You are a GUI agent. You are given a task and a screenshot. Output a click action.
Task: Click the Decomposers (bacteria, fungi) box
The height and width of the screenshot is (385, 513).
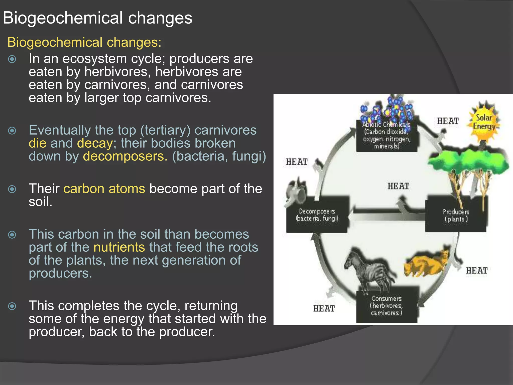[317, 215]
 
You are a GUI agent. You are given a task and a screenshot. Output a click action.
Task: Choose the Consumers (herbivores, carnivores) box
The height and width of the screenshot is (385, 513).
[387, 306]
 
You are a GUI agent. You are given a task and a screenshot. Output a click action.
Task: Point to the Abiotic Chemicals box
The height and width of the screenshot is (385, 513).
[387, 136]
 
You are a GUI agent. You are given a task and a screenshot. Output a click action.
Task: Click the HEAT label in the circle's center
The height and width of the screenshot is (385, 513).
[398, 186]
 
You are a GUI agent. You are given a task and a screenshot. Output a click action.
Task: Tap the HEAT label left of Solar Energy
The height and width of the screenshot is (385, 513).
[448, 121]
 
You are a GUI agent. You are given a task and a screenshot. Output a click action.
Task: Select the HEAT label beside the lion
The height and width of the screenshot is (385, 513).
[476, 271]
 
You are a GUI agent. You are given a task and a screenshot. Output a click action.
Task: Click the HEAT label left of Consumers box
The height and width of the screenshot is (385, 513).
[324, 309]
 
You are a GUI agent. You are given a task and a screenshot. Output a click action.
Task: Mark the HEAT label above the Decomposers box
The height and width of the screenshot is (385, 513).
[297, 162]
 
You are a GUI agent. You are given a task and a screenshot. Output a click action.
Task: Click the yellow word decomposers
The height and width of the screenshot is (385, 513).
[125, 156]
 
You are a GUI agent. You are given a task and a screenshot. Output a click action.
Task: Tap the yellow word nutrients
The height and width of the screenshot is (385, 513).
[119, 247]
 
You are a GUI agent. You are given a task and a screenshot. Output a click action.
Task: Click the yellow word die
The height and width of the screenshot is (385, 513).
[37, 143]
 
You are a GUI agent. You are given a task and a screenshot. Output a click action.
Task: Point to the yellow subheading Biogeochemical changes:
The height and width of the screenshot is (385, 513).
[84, 42]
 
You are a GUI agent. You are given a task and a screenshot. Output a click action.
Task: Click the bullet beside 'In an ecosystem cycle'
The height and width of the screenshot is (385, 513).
[12, 59]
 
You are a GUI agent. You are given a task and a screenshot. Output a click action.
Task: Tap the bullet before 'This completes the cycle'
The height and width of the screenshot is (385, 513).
[12, 306]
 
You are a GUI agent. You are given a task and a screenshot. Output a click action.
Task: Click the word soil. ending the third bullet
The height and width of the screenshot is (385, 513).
[40, 202]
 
